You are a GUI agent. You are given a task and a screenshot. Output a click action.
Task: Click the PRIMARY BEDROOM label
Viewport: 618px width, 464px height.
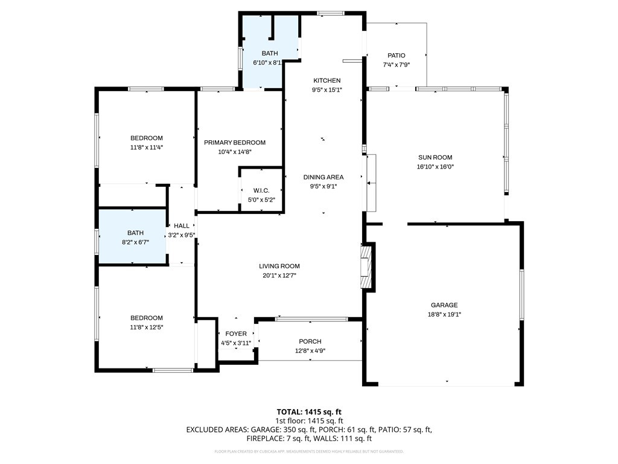(x=234, y=143)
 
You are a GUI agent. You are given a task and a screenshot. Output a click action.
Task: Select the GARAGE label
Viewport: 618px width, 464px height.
(x=444, y=305)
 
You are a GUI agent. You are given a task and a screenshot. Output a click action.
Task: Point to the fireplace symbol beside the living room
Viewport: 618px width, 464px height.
(x=366, y=266)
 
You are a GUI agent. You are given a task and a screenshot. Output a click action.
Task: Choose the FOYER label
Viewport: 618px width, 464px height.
(x=235, y=333)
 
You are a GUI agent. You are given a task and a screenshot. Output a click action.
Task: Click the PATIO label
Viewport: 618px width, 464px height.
(x=397, y=56)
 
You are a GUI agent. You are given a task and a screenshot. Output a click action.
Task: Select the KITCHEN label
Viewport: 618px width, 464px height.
(x=327, y=80)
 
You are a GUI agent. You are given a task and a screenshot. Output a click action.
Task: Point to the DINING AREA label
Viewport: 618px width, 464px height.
(x=323, y=177)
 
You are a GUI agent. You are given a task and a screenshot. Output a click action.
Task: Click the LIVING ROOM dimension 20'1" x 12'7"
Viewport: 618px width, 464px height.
(x=279, y=275)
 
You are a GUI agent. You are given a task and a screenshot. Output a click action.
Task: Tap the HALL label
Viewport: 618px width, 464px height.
(x=181, y=226)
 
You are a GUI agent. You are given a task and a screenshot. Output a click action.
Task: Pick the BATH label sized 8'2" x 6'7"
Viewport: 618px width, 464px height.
(x=135, y=233)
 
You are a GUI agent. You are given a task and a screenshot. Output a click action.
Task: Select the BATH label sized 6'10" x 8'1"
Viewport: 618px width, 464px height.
(x=270, y=53)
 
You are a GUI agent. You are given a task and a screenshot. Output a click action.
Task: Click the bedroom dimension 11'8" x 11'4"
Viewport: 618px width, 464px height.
(x=147, y=147)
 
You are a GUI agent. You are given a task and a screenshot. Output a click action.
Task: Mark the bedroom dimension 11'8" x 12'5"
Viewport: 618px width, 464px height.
(x=147, y=327)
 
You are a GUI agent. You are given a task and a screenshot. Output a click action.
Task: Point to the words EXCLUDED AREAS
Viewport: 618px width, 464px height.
(x=214, y=430)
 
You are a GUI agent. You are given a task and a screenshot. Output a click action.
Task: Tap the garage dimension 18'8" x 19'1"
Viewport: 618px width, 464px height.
(x=444, y=314)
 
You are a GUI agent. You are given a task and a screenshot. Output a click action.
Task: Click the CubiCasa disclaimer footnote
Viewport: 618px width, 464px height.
(x=309, y=451)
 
